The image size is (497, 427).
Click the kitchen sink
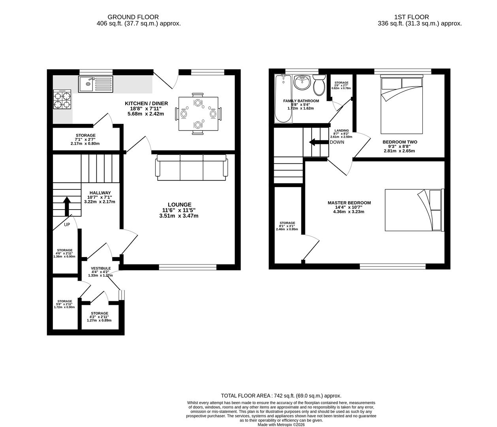(x=95, y=84)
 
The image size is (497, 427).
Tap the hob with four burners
(x=62, y=99)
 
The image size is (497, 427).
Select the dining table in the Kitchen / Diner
(x=198, y=114)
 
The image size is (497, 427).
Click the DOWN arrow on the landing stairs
(x=316, y=142)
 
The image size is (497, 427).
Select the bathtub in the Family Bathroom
(x=283, y=99)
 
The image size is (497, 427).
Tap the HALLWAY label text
(x=100, y=193)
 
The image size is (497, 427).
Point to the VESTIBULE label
(x=101, y=268)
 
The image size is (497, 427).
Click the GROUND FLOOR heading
(x=133, y=17)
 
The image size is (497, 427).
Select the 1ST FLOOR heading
(x=411, y=17)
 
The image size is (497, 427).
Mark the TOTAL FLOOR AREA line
(x=281, y=396)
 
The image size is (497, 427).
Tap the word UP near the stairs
(x=67, y=225)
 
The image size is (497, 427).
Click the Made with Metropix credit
(x=281, y=425)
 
